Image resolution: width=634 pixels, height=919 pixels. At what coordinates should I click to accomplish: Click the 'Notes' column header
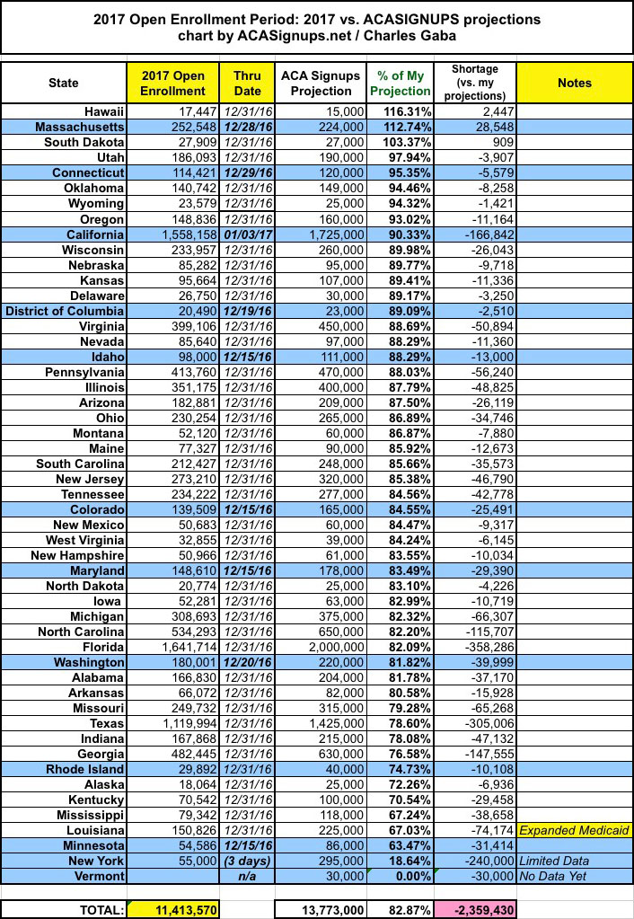coord(574,83)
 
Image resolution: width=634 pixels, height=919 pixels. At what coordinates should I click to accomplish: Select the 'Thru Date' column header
coord(247,83)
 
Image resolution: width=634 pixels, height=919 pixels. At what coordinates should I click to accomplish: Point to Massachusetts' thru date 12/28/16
coord(247,126)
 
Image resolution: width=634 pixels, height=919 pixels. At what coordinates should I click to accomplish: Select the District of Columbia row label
coord(66,309)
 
